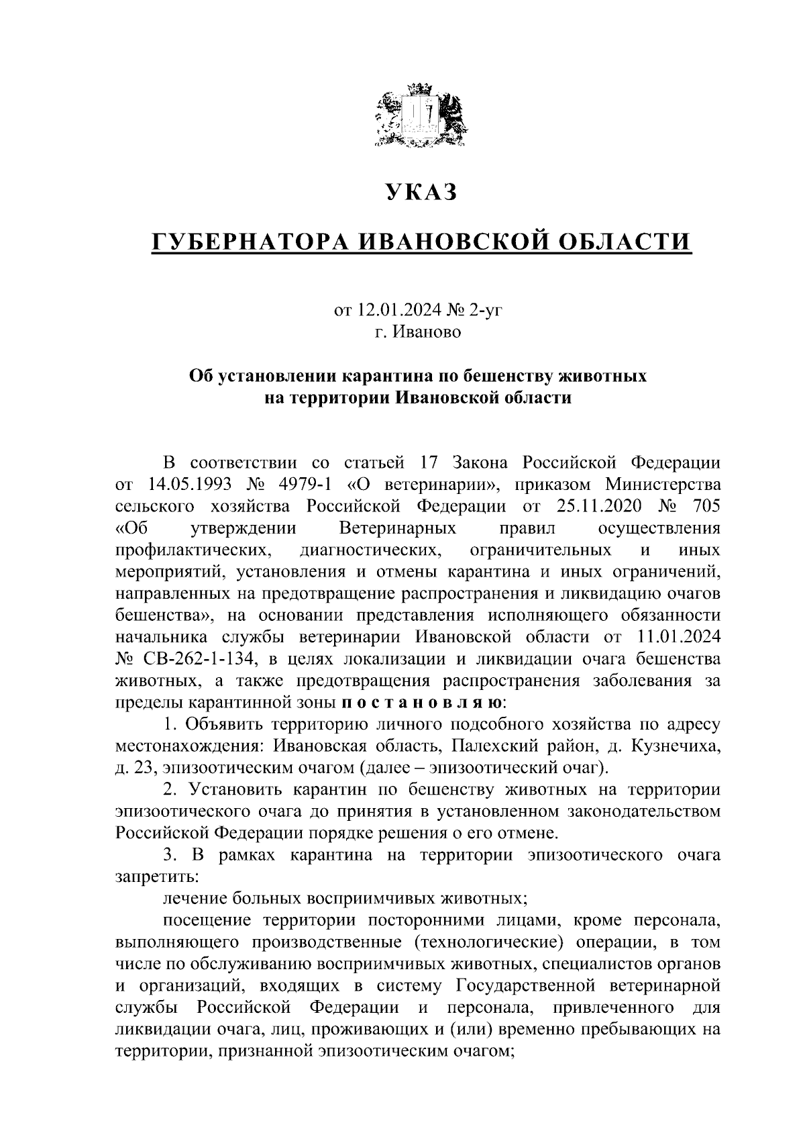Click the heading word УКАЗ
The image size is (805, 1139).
pyautogui.click(x=421, y=192)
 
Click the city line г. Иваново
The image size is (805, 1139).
pyautogui.click(x=418, y=332)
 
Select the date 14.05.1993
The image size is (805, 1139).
pyautogui.click(x=184, y=485)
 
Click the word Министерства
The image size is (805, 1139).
pyautogui.click(x=662, y=485)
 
